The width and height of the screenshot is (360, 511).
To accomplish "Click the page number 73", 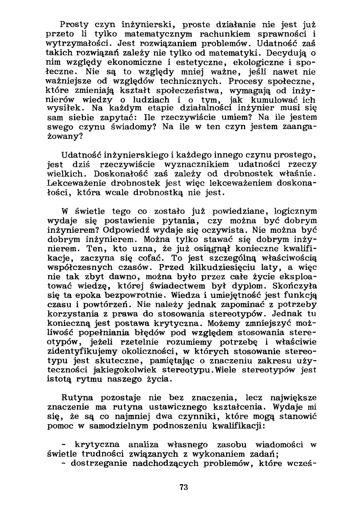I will pyautogui.click(x=184, y=488).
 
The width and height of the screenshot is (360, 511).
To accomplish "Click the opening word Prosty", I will pyautogui.click(x=74, y=25).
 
